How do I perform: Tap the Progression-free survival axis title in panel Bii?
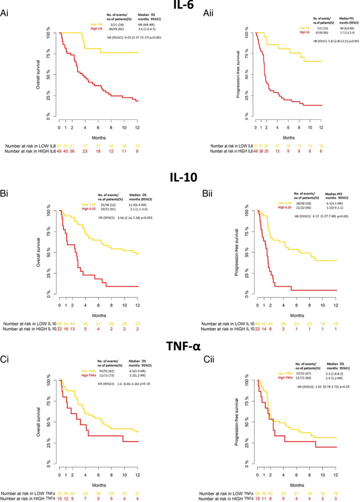click(232, 251)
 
